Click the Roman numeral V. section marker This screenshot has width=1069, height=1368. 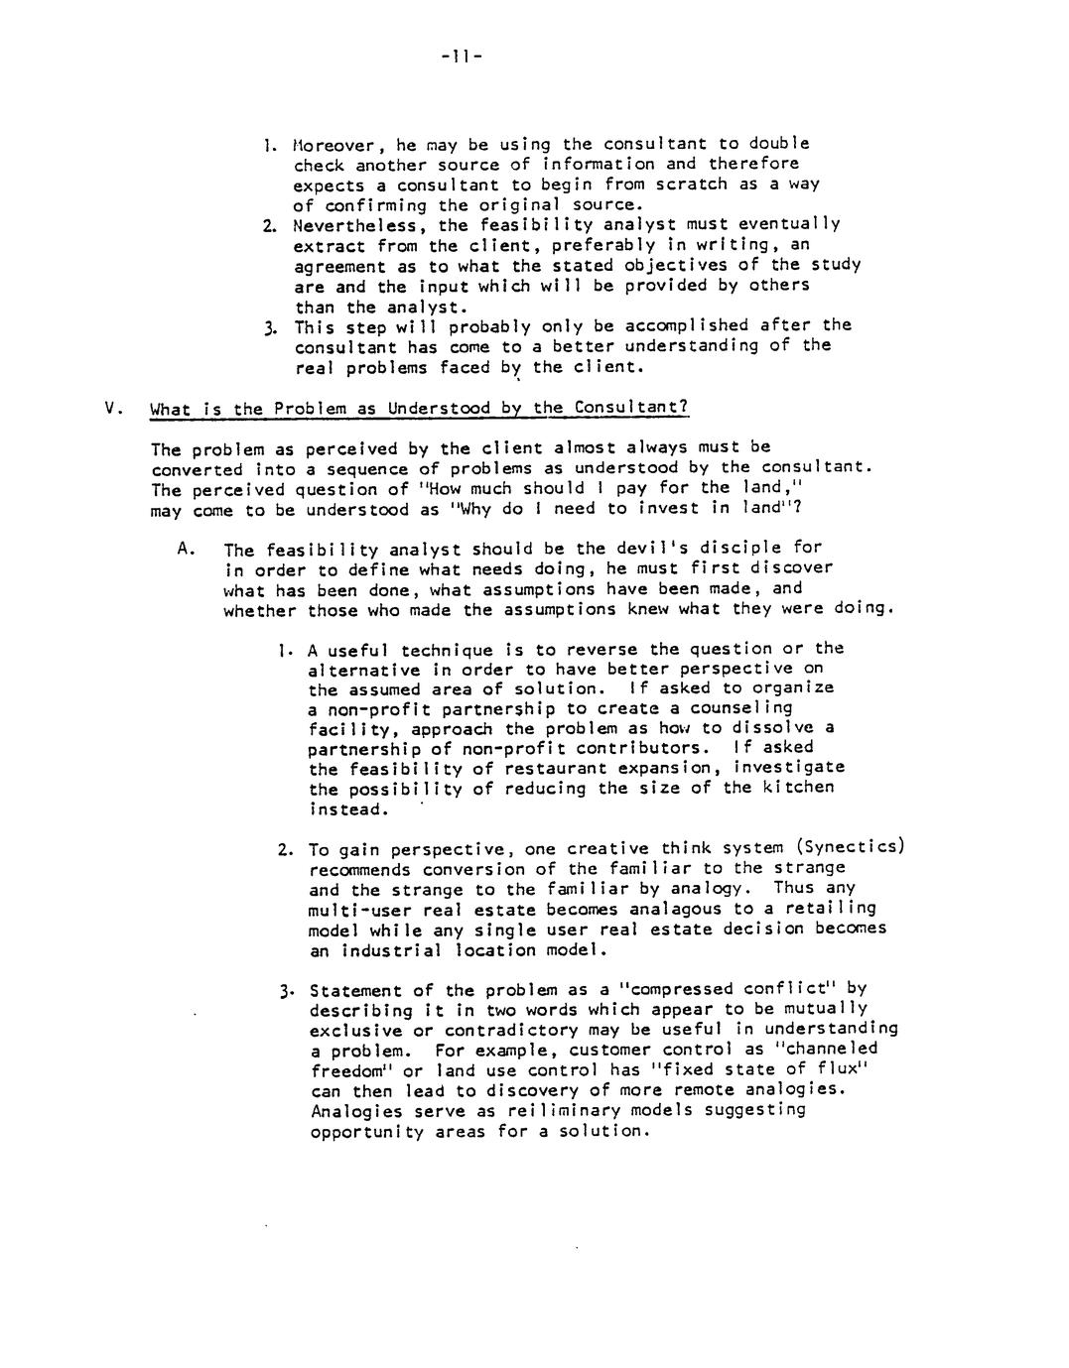coord(112,408)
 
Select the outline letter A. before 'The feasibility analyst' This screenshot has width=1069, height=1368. coord(185,547)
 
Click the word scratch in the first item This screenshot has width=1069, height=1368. coord(686,185)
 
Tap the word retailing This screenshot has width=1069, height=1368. coord(816,909)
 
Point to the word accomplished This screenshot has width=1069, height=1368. coord(686,325)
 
